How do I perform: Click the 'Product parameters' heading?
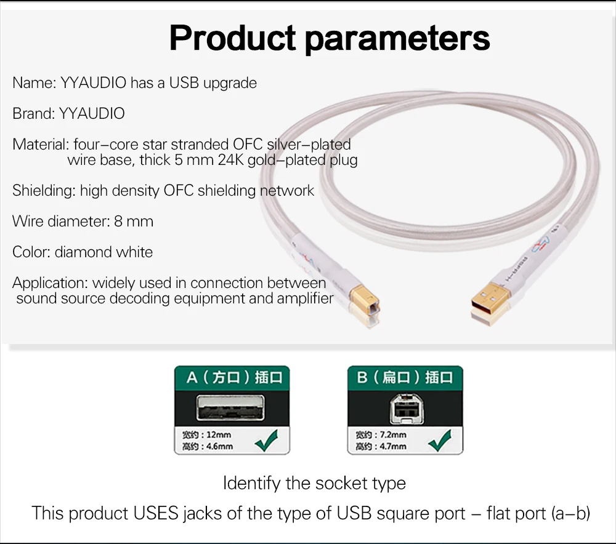tap(330, 38)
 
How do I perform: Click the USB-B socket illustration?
tap(405, 407)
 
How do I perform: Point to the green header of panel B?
tap(405, 377)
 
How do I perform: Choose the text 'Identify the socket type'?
tap(314, 483)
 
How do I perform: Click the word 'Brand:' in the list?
tap(34, 113)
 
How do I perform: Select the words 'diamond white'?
tap(103, 252)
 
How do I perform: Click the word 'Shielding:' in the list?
tap(44, 191)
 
